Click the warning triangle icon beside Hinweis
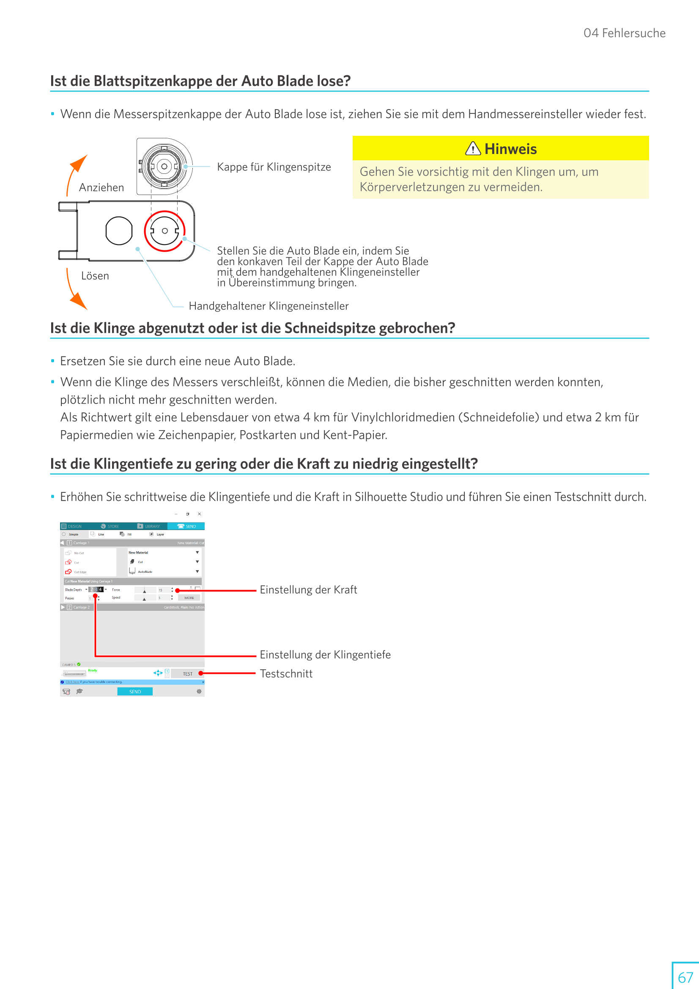[473, 148]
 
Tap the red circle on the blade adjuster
[164, 231]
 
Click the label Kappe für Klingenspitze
[274, 167]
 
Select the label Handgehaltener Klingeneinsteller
[269, 306]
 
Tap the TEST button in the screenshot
[188, 674]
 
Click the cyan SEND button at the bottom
[135, 691]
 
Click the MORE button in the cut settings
[189, 598]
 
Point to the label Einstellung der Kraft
[308, 590]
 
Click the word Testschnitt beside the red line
[286, 674]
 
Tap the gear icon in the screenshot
[199, 691]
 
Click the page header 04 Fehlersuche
[624, 33]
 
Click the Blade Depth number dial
[96, 589]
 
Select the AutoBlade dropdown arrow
[197, 571]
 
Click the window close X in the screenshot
[200, 514]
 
